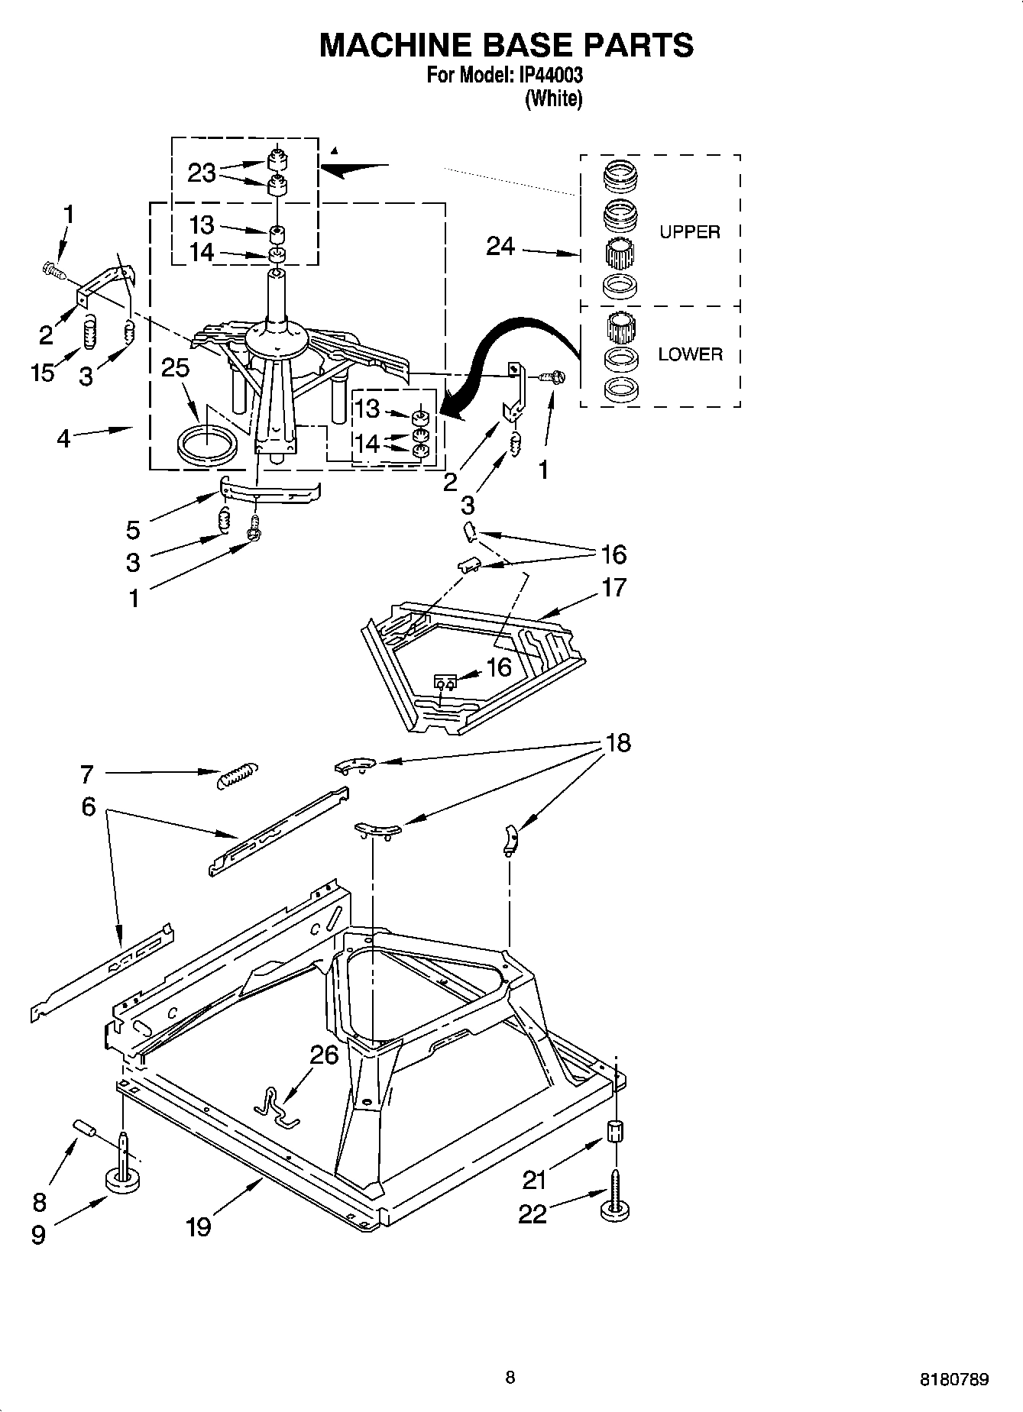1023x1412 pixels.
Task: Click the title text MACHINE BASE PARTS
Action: pos(506,45)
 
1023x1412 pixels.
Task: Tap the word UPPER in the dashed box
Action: pos(689,232)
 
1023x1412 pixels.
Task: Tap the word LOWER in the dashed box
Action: pos(690,354)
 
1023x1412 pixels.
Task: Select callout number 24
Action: pos(500,247)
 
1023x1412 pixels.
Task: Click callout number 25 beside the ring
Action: pos(175,368)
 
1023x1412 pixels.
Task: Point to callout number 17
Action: pos(613,587)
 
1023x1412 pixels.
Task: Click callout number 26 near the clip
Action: pos(324,1055)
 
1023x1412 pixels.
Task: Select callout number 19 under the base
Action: pos(198,1226)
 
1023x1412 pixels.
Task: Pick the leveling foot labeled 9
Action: pos(123,1181)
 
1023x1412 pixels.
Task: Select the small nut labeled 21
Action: pos(614,1131)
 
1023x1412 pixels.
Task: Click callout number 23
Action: pos(202,173)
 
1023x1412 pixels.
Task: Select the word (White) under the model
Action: pos(554,99)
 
